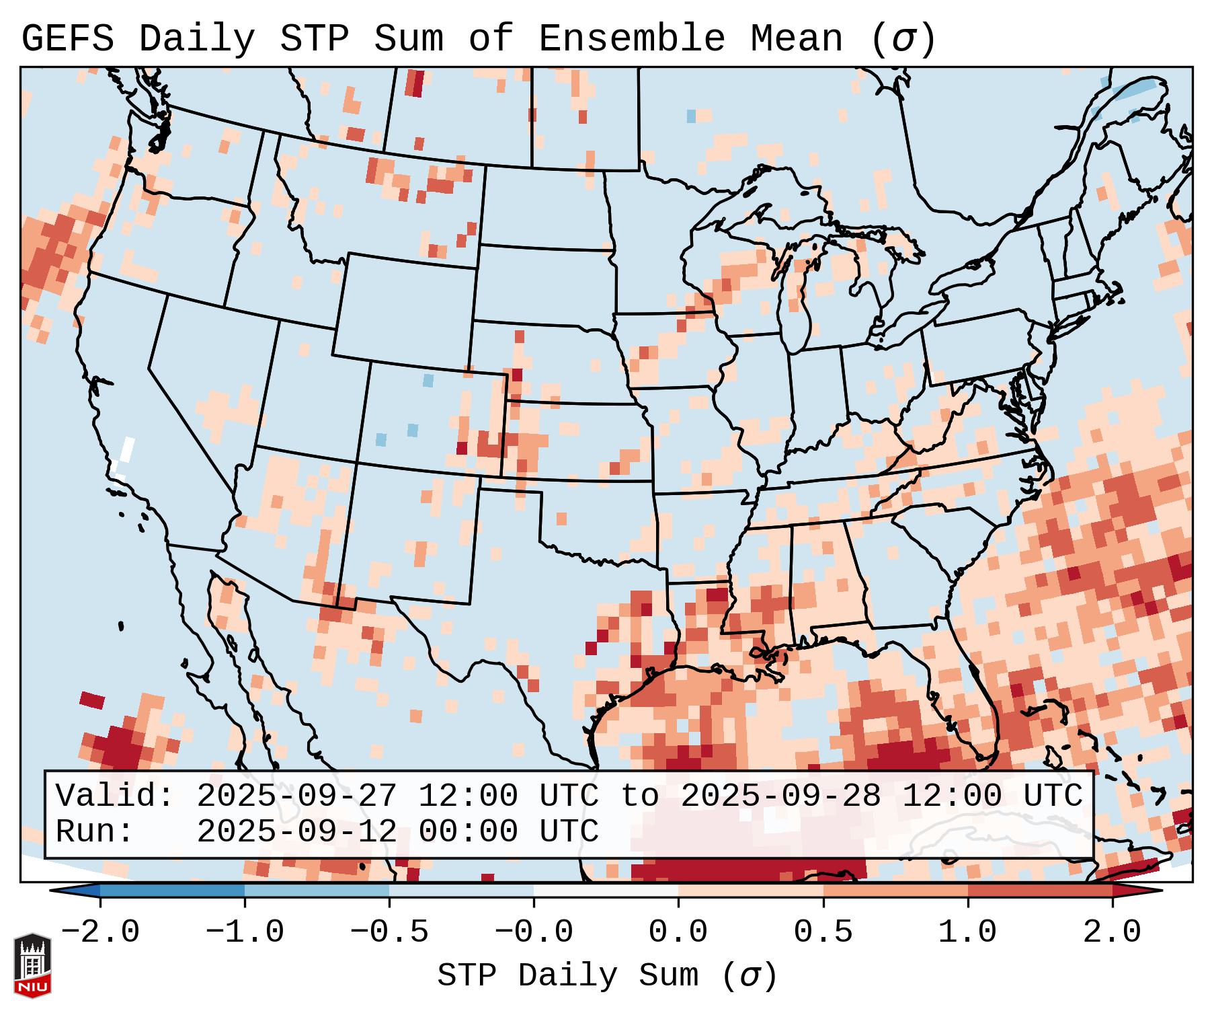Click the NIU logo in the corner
coord(32,965)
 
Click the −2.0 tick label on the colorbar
coord(100,932)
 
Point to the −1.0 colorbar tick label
coord(245,932)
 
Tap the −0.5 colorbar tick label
coord(389,932)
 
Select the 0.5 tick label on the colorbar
coord(823,932)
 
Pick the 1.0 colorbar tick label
coord(967,932)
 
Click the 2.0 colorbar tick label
coord(1112,932)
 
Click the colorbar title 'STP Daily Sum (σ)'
coord(607,976)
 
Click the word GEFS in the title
coord(68,39)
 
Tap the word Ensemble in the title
coord(632,39)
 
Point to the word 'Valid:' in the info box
coord(115,796)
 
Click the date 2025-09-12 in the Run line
coord(296,831)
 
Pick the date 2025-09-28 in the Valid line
coord(780,796)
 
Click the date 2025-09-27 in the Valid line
coord(296,796)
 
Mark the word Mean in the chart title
coord(797,39)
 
